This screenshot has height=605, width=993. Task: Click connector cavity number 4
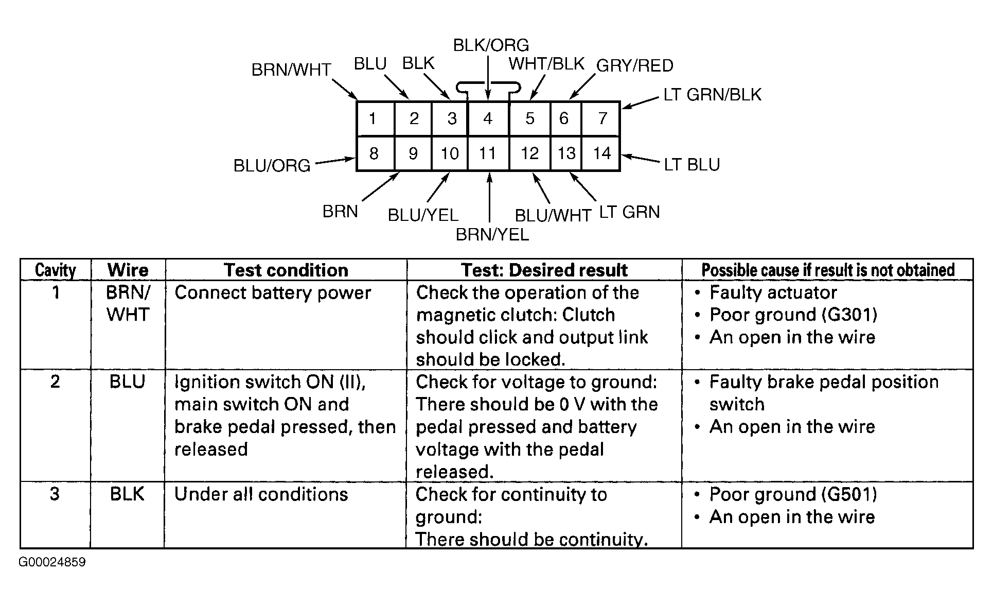[488, 118]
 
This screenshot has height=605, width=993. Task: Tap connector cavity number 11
[488, 153]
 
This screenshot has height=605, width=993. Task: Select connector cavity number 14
[601, 153]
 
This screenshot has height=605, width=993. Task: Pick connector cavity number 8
[375, 153]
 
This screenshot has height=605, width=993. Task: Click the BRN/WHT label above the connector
[291, 70]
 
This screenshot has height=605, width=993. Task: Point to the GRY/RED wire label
[635, 66]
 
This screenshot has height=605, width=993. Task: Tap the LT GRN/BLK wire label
[713, 95]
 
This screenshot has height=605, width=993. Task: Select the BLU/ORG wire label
[272, 166]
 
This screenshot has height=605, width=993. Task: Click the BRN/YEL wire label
[492, 235]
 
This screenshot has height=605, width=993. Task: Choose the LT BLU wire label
[692, 165]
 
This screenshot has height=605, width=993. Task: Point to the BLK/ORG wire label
[491, 45]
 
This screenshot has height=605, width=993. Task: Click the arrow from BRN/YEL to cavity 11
[489, 198]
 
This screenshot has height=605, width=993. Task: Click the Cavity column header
[56, 270]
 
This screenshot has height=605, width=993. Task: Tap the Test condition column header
[286, 270]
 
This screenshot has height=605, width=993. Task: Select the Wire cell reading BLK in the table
[127, 494]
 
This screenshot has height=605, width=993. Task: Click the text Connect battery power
[273, 293]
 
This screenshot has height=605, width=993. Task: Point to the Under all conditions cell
[261, 494]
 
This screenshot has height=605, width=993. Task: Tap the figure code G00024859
[52, 562]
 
